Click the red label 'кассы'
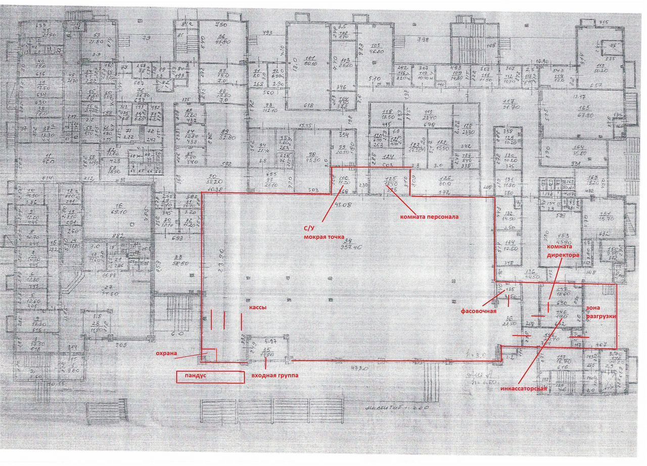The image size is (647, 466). point(256,307)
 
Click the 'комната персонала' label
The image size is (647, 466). point(429,217)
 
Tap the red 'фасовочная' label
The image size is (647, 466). point(478,311)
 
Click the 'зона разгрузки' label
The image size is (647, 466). point(600,311)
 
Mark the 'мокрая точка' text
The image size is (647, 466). point(323,236)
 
